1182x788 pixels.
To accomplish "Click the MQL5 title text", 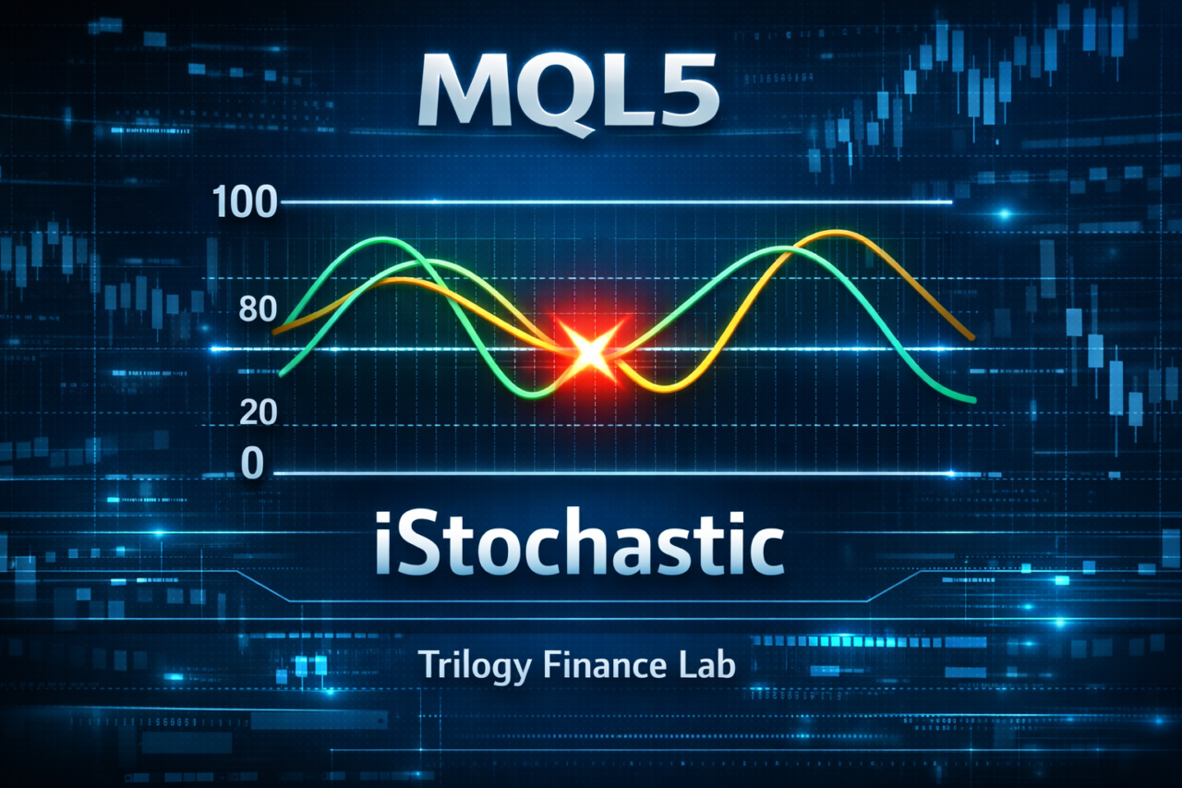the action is (569, 91).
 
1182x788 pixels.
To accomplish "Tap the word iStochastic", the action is (579, 542).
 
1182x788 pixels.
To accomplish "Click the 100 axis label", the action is (244, 201).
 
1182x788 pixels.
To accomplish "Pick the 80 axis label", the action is (258, 309).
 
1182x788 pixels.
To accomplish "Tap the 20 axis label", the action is (258, 412).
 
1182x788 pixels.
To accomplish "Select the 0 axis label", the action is (252, 464).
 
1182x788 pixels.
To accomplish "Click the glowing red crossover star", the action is (589, 352).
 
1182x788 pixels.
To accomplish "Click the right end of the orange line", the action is (972, 337).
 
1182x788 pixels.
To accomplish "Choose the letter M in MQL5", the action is (459, 91).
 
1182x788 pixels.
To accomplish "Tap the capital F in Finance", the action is (553, 664).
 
